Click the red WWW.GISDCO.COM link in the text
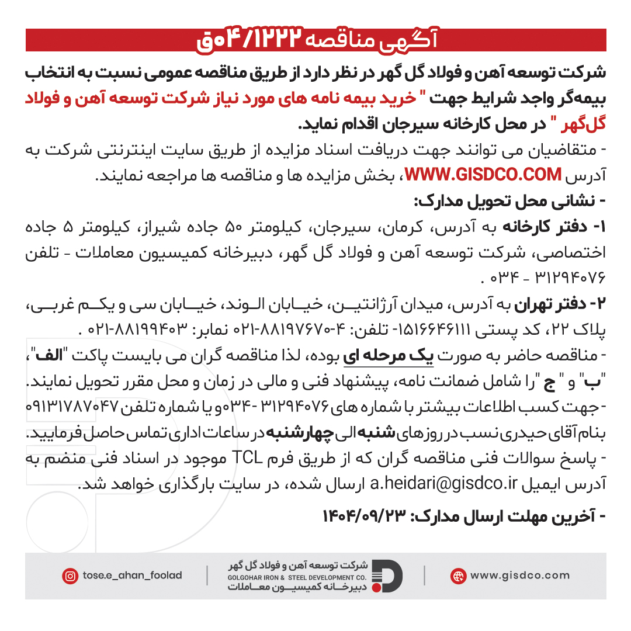click(x=483, y=175)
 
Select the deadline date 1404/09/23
click(x=366, y=516)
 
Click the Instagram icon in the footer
click(x=70, y=576)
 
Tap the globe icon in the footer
click(x=458, y=576)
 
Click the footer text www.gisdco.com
click(x=519, y=575)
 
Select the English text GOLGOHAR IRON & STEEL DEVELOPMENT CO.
click(x=297, y=577)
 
